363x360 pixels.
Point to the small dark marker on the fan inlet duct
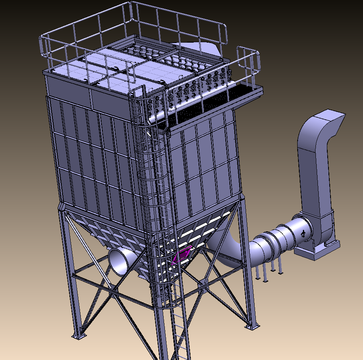tap(303, 233)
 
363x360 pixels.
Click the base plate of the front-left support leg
tap(79, 336)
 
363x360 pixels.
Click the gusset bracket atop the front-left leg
tap(62, 207)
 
